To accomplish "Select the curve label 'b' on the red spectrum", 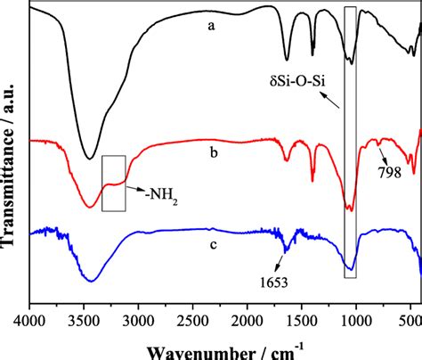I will coord(211,152).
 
